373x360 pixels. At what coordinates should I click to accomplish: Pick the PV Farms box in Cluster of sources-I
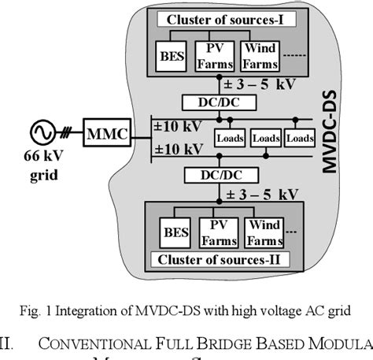pyautogui.click(x=214, y=55)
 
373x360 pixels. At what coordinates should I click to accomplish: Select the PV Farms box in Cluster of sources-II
pyautogui.click(x=218, y=232)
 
